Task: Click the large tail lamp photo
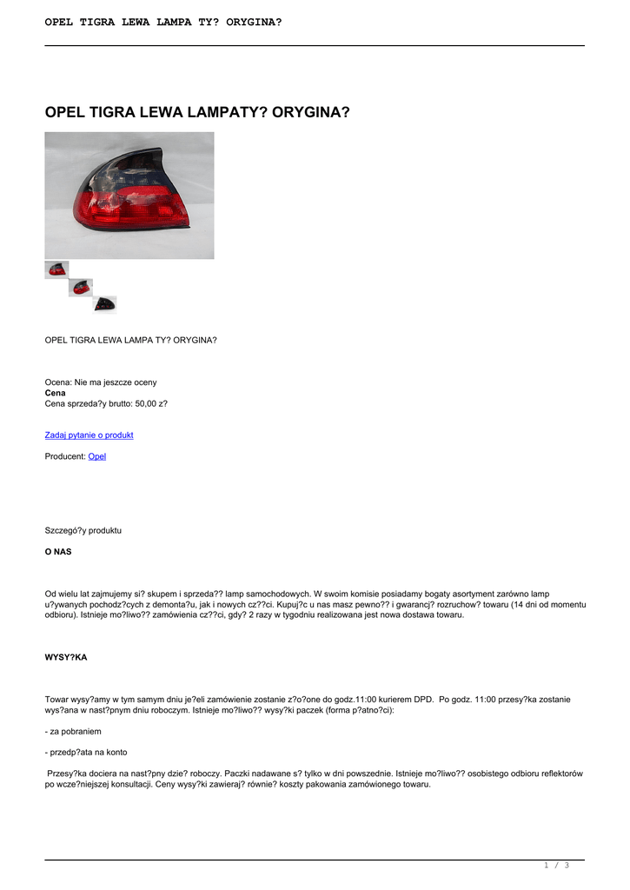tap(129, 196)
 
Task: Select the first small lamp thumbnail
tap(56, 269)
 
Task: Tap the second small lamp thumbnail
tap(81, 287)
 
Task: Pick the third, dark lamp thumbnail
tap(105, 303)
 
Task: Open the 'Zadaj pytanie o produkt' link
tap(89, 435)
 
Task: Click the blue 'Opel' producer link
tap(97, 455)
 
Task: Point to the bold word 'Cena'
tap(55, 393)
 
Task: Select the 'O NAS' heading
tap(58, 551)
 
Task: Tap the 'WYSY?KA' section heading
tap(66, 657)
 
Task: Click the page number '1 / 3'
tap(556, 865)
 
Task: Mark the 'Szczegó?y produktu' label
tap(83, 530)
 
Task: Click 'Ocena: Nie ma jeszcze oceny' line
tap(101, 382)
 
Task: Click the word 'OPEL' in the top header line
tap(63, 22)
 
